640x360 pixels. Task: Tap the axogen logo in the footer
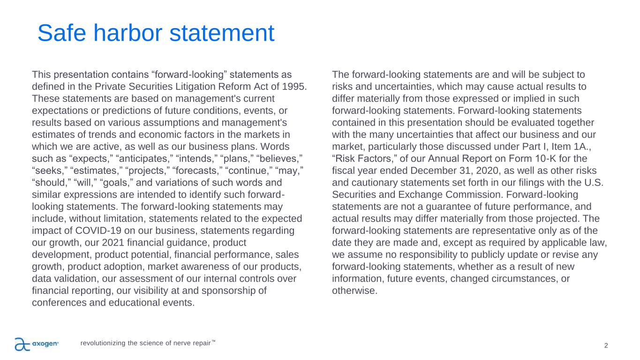(x=37, y=344)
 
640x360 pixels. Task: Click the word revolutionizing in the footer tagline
(x=103, y=343)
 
